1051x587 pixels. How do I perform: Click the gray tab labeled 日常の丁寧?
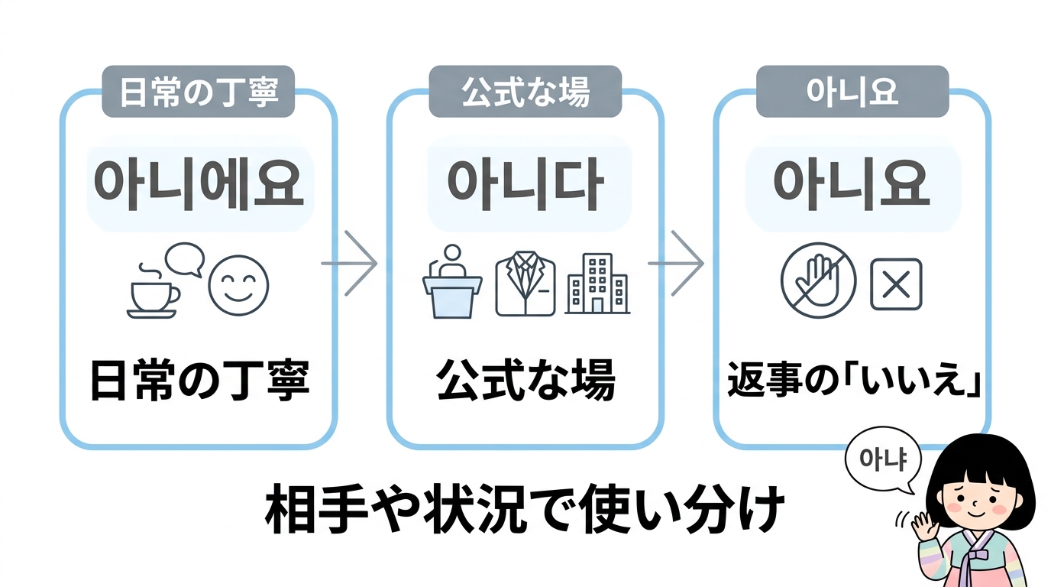(198, 92)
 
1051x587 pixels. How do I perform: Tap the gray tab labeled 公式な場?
(525, 92)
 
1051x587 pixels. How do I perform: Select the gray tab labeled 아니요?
(852, 92)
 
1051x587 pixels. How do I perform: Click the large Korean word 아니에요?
(200, 185)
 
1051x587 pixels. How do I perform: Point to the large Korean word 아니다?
(525, 185)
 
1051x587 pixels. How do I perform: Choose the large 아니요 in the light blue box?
(852, 185)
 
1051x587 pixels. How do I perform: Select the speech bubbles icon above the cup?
(185, 259)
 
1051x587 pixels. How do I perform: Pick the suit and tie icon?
(525, 285)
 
